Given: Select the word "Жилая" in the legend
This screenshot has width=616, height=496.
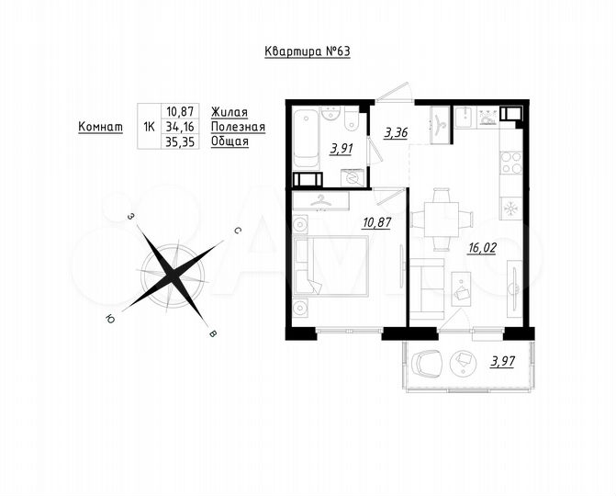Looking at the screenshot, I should pos(229,110).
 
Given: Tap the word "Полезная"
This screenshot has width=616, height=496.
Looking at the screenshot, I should pos(237,127).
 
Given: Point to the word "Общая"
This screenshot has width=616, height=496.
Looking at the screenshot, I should pos(230,143).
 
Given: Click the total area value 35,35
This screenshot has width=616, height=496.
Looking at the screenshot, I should pos(181,143).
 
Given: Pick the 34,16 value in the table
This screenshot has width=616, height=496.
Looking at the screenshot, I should pos(181,127).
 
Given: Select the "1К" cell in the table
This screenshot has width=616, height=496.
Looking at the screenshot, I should pos(147,127).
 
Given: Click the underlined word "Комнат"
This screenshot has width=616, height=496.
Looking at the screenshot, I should pos(100,127).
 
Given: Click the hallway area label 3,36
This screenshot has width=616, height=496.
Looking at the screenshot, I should pos(396,132).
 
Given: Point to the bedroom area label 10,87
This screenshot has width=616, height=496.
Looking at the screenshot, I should pos(377,221).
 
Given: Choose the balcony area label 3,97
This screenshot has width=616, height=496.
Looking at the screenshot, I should pos(501,361).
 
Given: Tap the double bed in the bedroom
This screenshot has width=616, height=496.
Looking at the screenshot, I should pos(335,265).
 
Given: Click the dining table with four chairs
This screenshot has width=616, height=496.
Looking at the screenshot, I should pos(442,219).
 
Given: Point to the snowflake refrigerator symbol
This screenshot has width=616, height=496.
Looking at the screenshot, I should pos(508,209).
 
